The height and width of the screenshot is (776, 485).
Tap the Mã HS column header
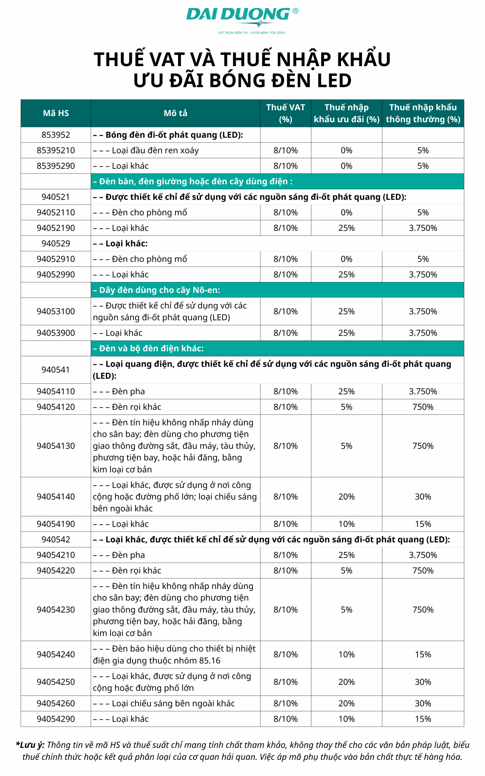(x=56, y=113)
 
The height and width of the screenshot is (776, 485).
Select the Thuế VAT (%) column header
(x=285, y=113)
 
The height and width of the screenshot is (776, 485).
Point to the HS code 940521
(x=56, y=197)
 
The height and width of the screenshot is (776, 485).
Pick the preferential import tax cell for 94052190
(x=347, y=228)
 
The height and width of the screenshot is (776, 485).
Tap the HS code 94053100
(x=56, y=311)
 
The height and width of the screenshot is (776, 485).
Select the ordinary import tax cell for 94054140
(x=423, y=497)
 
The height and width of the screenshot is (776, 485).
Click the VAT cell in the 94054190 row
(x=285, y=524)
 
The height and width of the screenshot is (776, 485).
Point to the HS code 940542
(x=56, y=539)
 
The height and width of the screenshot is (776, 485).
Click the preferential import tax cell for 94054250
(x=347, y=682)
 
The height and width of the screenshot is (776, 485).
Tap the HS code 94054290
(x=56, y=719)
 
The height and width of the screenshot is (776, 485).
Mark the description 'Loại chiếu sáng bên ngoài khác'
(x=173, y=704)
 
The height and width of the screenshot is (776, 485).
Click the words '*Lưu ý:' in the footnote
(x=31, y=745)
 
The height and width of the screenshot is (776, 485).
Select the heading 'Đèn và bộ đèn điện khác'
(x=148, y=348)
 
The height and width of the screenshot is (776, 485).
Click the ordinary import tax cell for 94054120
(x=423, y=406)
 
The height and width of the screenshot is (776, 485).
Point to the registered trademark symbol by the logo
(x=295, y=11)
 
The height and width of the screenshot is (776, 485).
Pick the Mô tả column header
(x=175, y=113)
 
